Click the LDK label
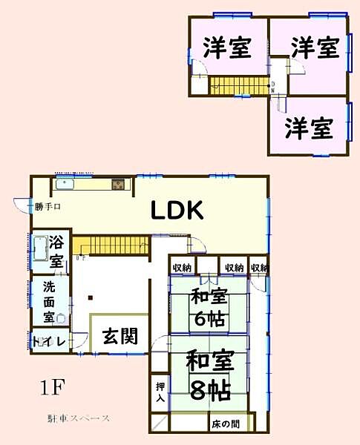(x=177, y=211)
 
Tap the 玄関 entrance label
(x=118, y=337)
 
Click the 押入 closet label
(x=160, y=392)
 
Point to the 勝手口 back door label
(x=46, y=207)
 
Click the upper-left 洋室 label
(x=226, y=48)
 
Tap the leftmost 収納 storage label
(x=183, y=268)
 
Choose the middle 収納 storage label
(x=234, y=268)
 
